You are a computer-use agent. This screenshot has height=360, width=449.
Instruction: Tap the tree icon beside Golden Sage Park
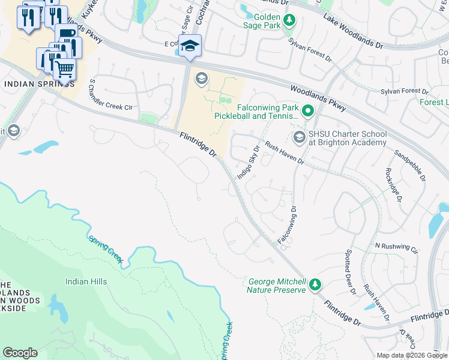click(x=289, y=21)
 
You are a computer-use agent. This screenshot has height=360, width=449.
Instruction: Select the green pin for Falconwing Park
click(x=308, y=111)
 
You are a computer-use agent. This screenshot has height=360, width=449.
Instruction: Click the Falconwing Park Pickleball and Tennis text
click(x=257, y=111)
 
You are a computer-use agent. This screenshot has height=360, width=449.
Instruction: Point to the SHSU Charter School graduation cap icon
click(x=299, y=138)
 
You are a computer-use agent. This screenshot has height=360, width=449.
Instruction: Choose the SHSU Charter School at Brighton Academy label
click(x=348, y=138)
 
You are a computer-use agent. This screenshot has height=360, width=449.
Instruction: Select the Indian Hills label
click(x=86, y=281)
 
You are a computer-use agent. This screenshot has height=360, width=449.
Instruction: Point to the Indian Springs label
click(x=35, y=83)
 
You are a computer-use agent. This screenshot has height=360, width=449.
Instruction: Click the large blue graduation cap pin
click(x=190, y=46)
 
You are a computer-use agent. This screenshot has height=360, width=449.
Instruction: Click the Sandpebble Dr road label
click(x=409, y=164)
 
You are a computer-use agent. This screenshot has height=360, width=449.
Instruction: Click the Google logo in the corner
click(x=20, y=353)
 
